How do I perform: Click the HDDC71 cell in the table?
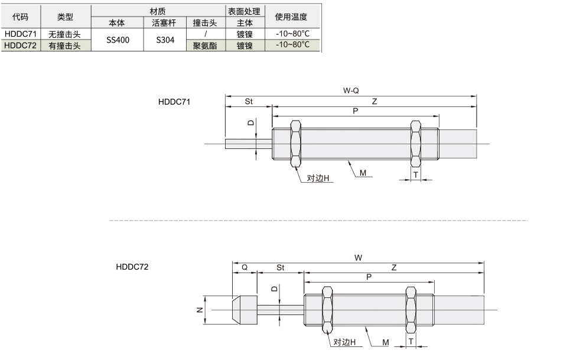click(21, 34)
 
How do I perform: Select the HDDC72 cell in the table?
click(21, 46)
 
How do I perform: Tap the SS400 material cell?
click(118, 40)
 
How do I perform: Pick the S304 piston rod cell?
click(165, 40)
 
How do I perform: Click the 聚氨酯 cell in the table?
click(205, 46)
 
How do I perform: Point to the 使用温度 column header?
click(291, 17)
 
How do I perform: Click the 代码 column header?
click(20, 17)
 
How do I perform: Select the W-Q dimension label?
click(351, 90)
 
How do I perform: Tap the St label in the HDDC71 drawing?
click(249, 102)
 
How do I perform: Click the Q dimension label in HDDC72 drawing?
click(245, 267)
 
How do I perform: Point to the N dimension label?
click(200, 310)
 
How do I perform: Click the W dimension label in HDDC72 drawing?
click(358, 258)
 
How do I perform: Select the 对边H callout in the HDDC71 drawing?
click(318, 178)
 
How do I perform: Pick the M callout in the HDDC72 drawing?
click(386, 342)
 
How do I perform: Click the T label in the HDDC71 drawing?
click(415, 175)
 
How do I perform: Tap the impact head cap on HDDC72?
click(245, 310)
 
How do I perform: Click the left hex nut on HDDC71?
click(296, 144)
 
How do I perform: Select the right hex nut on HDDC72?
click(411, 310)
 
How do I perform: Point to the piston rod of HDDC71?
click(249, 144)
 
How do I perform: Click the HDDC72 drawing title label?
click(132, 267)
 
